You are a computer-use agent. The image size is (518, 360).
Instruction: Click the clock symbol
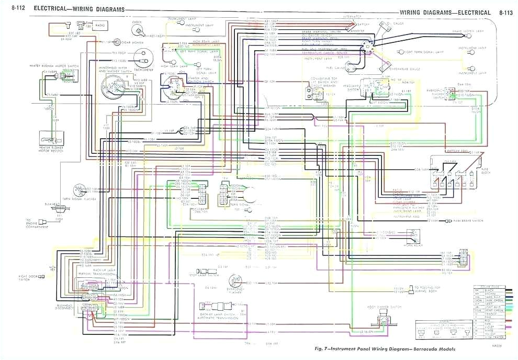pos(138,29)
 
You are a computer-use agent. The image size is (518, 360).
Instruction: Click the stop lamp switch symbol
pos(212,273)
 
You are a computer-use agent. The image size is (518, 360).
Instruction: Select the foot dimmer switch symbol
pos(380,316)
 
